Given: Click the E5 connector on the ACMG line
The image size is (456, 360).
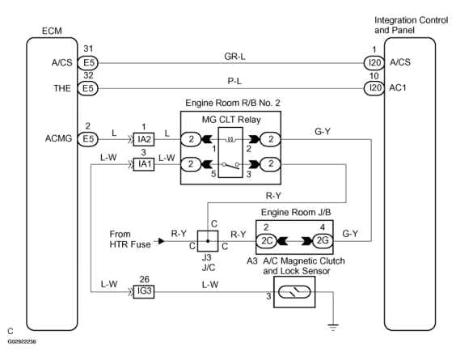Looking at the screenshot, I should click(x=88, y=139).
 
